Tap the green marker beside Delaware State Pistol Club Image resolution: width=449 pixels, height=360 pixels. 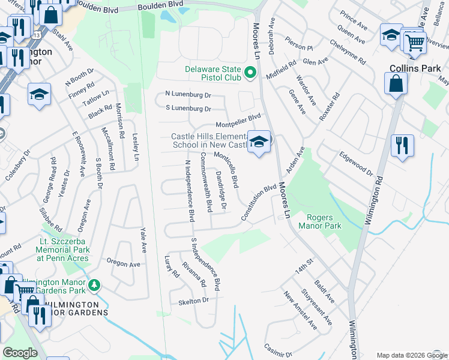(x=252, y=74)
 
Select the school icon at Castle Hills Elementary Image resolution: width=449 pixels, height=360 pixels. (x=259, y=142)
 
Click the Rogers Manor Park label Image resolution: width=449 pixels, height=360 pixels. (x=324, y=221)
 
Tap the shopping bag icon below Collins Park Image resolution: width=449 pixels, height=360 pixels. (x=396, y=83)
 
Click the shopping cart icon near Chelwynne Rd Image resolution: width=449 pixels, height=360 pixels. (x=414, y=41)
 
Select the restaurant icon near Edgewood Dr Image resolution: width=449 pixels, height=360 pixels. (x=400, y=145)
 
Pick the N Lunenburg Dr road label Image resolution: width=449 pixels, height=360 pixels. (x=188, y=95)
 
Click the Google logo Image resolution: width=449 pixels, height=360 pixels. (x=20, y=353)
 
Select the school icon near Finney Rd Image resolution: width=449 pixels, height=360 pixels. (x=39, y=94)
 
